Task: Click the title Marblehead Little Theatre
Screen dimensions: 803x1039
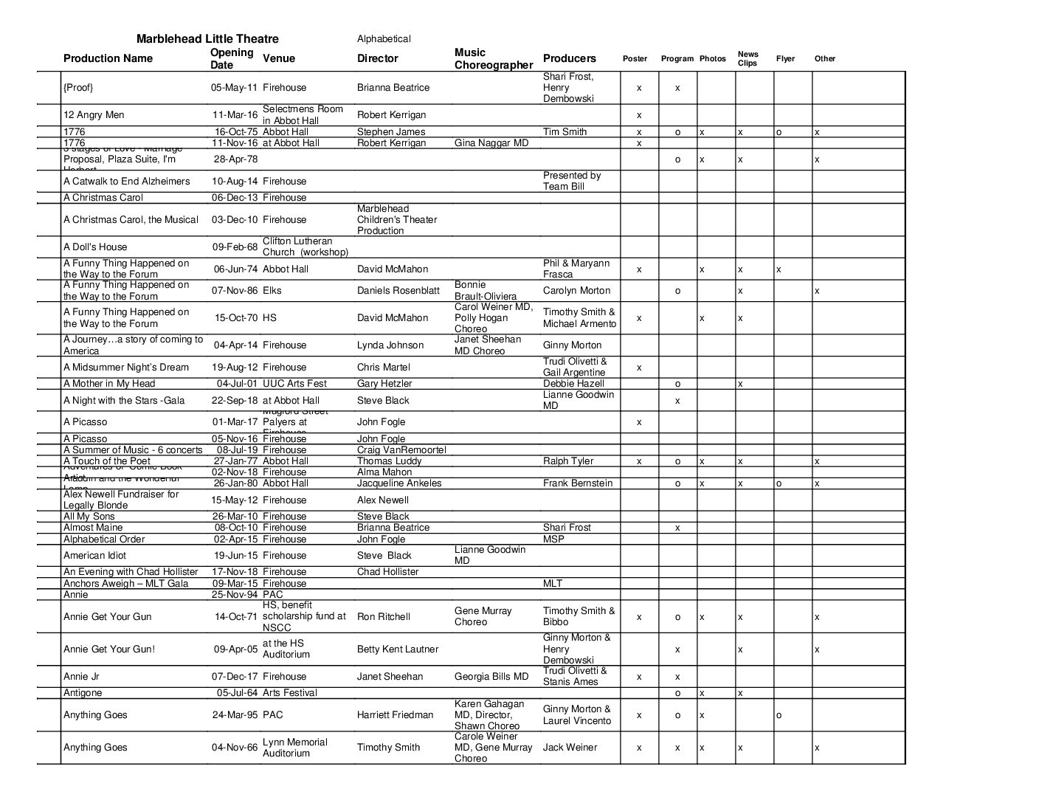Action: pos(207,39)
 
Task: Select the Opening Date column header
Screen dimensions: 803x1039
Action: pos(232,59)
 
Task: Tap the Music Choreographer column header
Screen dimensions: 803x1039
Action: pos(493,59)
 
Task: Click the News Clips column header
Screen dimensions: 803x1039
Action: pos(748,58)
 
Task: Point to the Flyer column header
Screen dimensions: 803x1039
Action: pos(785,59)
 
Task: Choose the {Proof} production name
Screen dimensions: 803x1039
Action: pos(78,88)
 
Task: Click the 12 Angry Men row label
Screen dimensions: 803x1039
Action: pos(94,115)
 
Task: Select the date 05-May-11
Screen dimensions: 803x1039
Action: pos(234,88)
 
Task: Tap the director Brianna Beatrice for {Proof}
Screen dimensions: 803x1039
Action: pos(393,88)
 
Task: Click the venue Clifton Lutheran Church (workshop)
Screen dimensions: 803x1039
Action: pos(305,247)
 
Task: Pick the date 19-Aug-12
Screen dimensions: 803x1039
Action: pos(234,368)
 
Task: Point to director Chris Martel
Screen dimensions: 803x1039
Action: pos(383,368)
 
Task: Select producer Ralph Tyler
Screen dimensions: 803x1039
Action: pos(567,461)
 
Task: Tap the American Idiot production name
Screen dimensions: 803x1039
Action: pos(94,556)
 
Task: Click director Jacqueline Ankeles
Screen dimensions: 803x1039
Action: pos(399,483)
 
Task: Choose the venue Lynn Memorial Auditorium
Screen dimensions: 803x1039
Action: pos(294,748)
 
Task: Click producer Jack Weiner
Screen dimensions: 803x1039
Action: pos(570,748)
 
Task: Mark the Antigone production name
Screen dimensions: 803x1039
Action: pos(83,693)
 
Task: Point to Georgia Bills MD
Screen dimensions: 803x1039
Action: pos(491,677)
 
